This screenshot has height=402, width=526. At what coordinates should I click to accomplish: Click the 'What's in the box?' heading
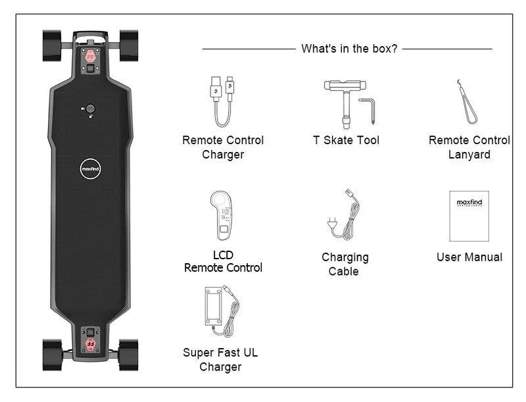(x=349, y=49)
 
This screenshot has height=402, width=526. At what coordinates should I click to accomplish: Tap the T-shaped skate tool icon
(x=345, y=101)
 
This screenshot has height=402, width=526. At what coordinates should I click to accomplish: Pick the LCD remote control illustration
(x=221, y=215)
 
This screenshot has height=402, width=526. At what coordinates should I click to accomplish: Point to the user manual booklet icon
(x=469, y=216)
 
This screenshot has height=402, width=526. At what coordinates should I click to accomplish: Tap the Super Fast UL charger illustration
(x=222, y=311)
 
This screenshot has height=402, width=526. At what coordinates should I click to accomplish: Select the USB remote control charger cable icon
(x=222, y=101)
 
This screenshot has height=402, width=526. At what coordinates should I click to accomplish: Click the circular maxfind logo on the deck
(x=90, y=168)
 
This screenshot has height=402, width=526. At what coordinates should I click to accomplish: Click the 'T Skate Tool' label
(x=346, y=140)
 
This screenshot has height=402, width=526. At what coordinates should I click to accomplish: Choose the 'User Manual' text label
(x=469, y=257)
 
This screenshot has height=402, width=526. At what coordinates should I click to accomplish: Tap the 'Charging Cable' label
(x=345, y=264)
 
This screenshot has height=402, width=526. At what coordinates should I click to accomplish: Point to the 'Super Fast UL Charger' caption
(x=220, y=360)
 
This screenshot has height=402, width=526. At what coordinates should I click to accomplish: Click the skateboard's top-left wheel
(x=52, y=46)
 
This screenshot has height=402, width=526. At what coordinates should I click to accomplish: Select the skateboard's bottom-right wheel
(x=128, y=355)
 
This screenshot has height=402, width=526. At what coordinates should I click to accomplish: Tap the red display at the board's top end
(x=90, y=57)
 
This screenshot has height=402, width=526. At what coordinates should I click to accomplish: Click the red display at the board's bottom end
(x=90, y=344)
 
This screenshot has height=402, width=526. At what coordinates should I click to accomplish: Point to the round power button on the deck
(x=90, y=109)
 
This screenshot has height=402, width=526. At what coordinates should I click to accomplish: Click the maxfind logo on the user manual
(x=469, y=203)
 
